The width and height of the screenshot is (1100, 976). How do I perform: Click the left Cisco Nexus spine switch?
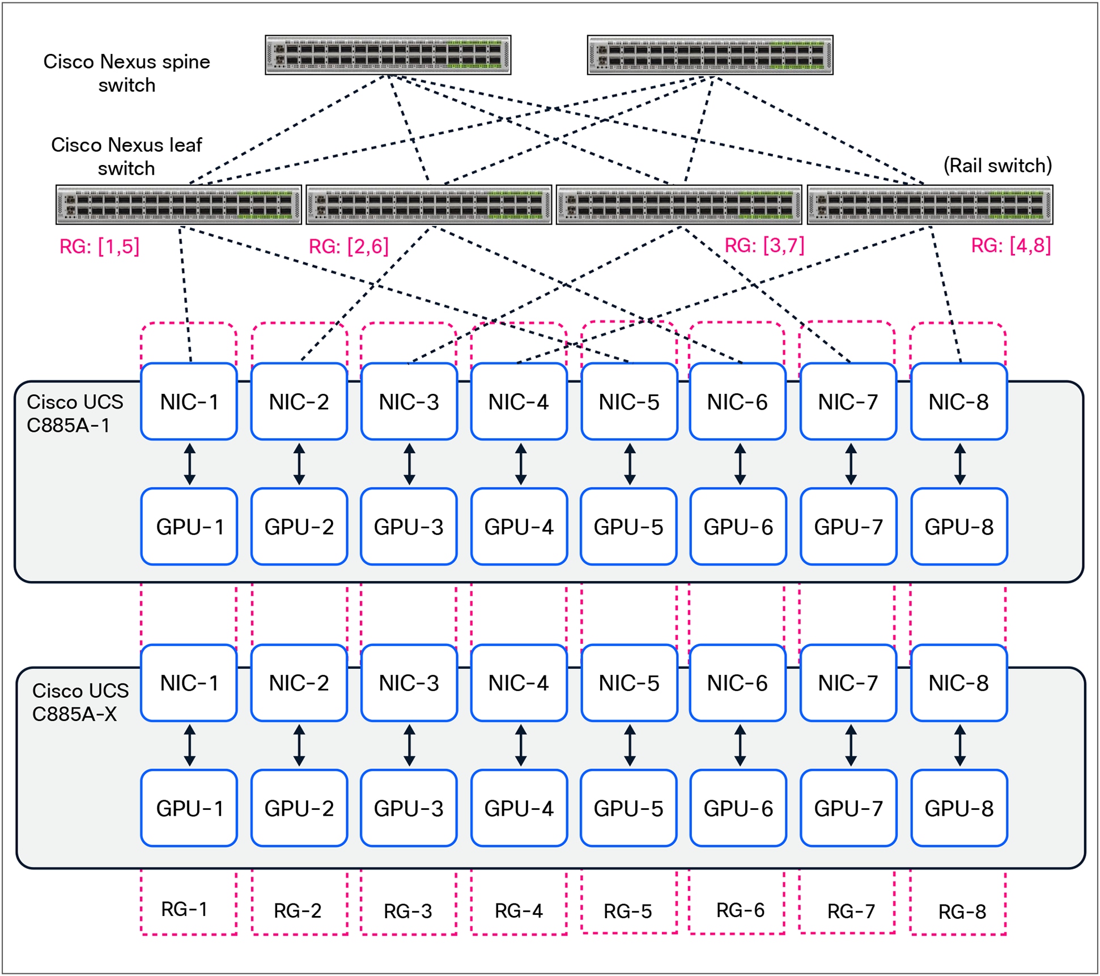(388, 55)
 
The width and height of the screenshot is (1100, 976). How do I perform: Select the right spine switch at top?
(710, 55)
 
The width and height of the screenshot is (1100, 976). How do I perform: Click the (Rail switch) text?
(997, 166)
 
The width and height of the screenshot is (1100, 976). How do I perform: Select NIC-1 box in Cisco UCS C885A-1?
(189, 402)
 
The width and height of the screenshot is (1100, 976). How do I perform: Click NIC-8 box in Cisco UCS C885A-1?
(958, 402)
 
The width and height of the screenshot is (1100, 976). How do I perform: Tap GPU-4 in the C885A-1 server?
(519, 527)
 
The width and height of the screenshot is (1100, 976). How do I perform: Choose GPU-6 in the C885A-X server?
(738, 808)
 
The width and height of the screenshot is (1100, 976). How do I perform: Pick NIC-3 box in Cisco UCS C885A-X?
(409, 683)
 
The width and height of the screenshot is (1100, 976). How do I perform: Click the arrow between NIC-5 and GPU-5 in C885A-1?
(629, 464)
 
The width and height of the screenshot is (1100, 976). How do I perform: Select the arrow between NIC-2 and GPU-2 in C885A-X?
(299, 745)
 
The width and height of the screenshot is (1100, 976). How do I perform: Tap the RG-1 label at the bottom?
(184, 909)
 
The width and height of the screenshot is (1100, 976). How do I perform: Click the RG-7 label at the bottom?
(851, 911)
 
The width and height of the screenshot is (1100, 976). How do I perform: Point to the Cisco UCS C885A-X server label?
(80, 702)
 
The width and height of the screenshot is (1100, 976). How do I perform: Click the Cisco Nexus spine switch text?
(126, 73)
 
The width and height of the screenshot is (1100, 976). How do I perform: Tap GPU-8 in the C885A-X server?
(958, 808)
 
